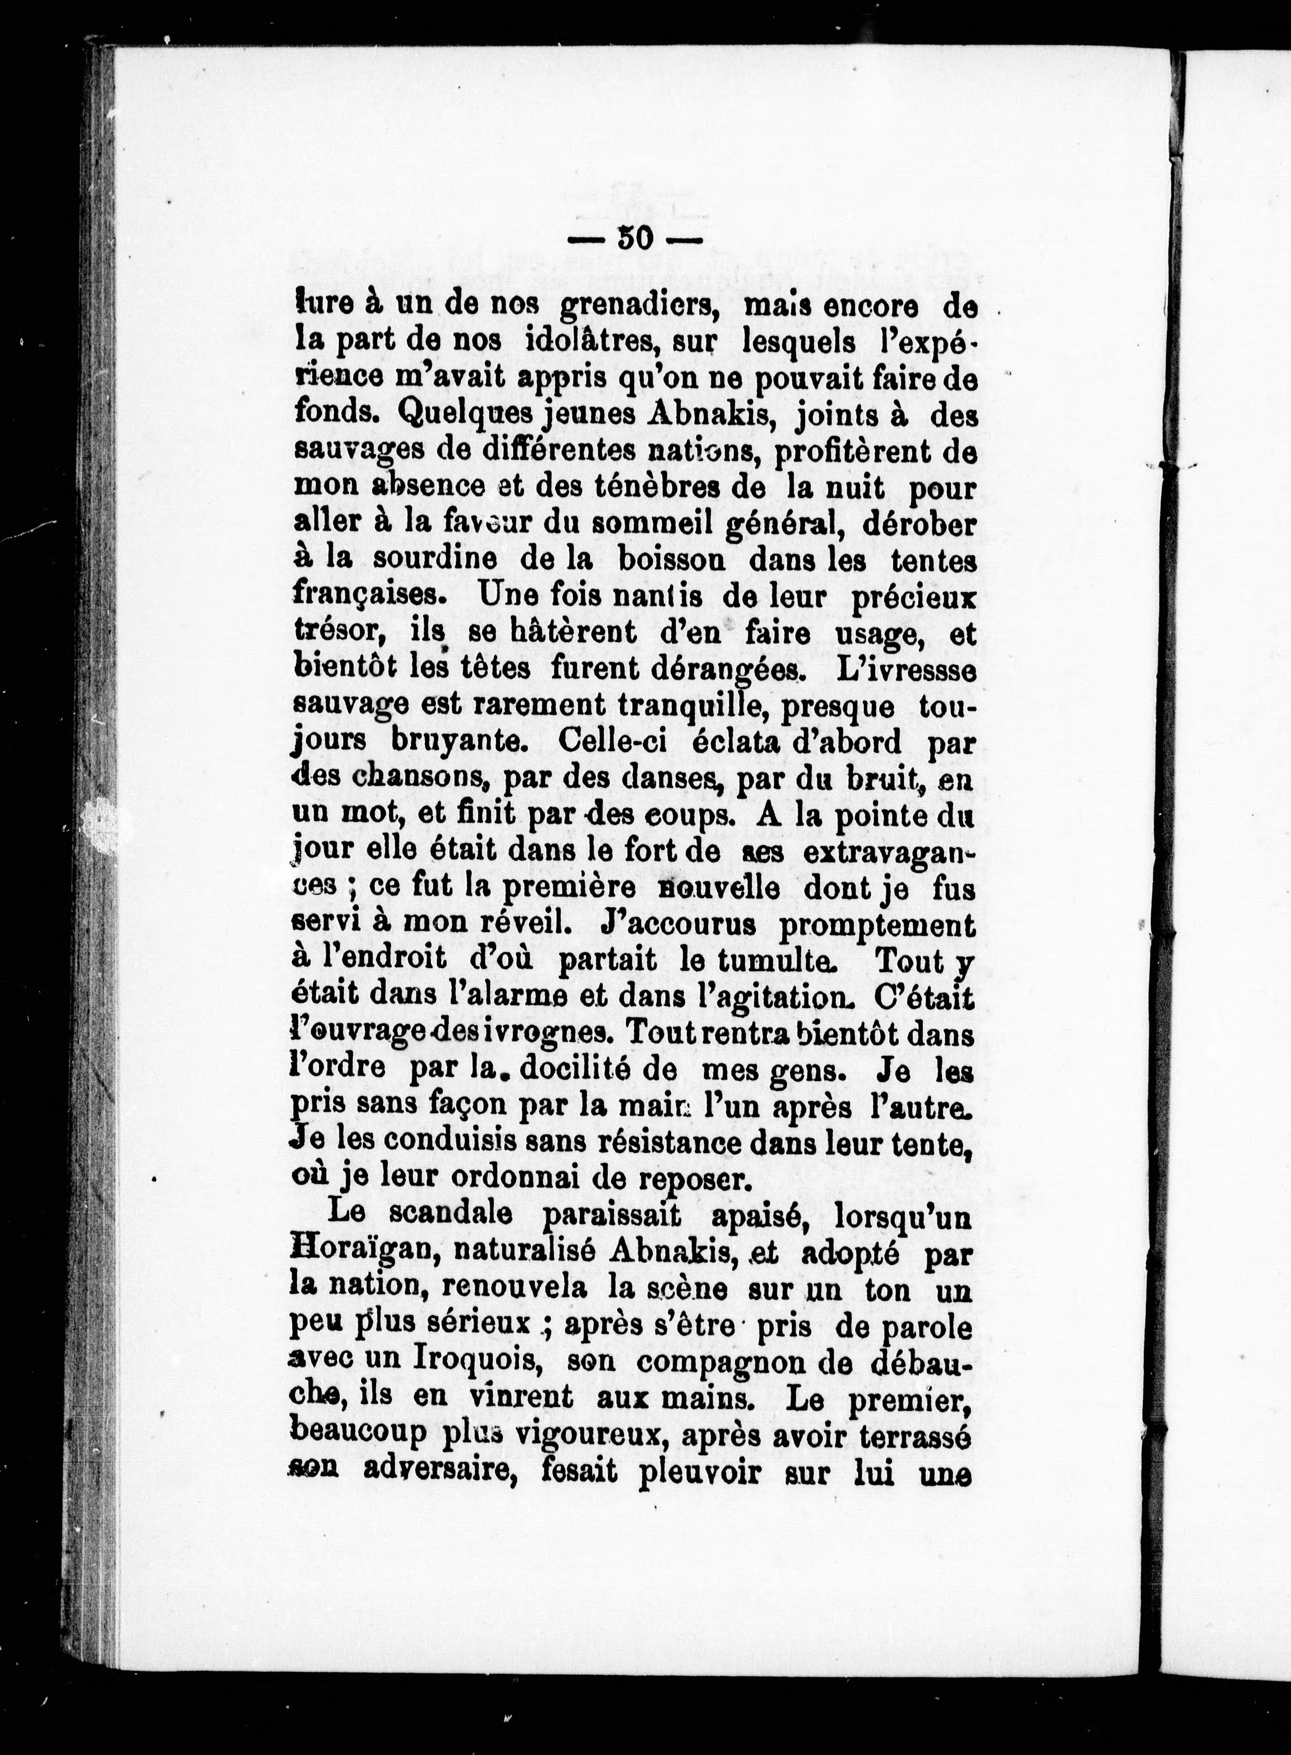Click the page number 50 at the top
(x=634, y=238)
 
